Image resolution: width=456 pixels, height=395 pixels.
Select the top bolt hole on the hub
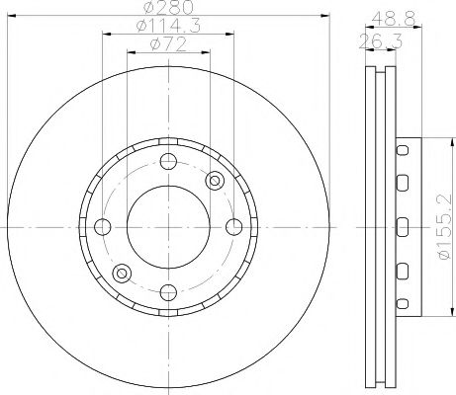167,161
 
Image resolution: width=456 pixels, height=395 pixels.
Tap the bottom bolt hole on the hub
167,290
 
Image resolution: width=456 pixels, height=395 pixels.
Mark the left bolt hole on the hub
102,226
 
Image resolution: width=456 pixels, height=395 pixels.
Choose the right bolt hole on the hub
231,226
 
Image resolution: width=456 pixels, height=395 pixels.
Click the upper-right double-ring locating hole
214,180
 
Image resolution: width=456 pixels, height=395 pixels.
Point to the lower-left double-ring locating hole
121,273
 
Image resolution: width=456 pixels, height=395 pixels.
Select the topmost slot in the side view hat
403,150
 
